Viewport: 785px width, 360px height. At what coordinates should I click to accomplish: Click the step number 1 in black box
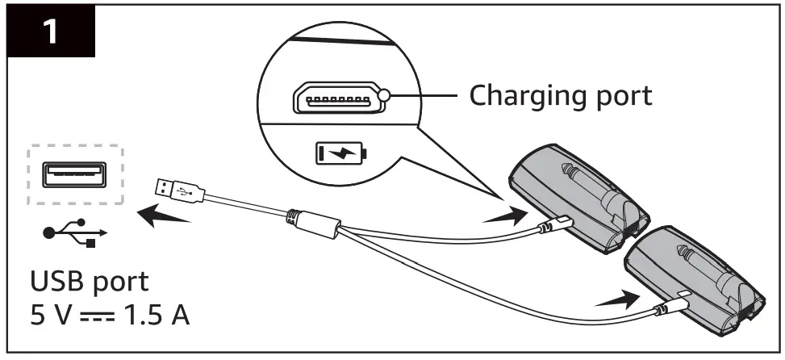[50, 33]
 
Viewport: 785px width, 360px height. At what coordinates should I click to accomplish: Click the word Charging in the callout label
[524, 96]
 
